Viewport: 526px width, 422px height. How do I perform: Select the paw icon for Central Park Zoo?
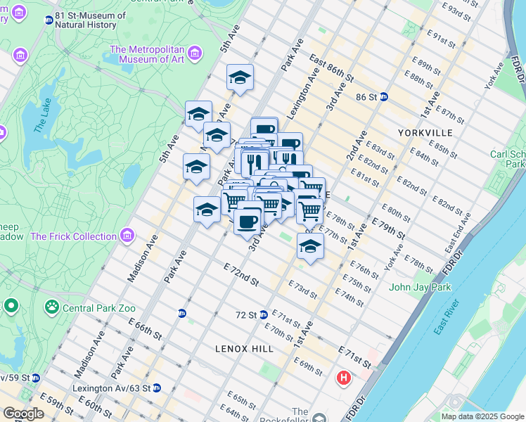[51, 307]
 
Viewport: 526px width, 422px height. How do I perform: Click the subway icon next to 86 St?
[384, 97]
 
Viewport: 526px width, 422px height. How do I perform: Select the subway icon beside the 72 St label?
[263, 315]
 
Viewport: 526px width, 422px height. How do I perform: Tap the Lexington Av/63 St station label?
[111, 388]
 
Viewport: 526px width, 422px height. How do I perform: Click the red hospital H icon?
[344, 378]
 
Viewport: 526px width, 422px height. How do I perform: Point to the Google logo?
[23, 414]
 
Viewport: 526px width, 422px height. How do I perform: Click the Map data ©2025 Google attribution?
[482, 416]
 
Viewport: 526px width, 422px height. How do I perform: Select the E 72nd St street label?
[240, 275]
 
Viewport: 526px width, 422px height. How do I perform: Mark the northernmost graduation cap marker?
[240, 77]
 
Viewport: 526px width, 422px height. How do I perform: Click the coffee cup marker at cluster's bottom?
[247, 222]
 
